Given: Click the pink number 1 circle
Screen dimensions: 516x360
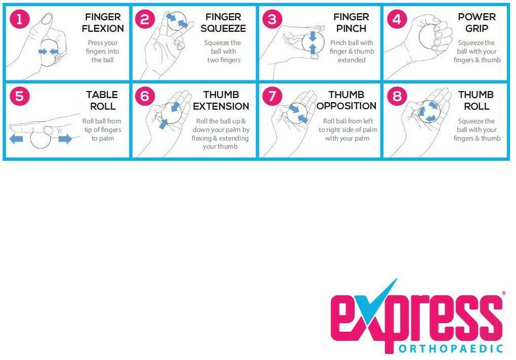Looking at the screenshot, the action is click(x=19, y=19).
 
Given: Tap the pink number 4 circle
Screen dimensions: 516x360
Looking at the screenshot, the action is click(x=397, y=19).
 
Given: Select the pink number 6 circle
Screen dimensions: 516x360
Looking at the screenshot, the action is click(x=145, y=97).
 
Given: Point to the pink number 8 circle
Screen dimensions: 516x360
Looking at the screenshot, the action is click(x=397, y=97).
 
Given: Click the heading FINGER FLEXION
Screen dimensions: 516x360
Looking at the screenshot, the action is click(x=103, y=23).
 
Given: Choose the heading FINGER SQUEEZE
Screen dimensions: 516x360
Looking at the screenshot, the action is click(x=224, y=23).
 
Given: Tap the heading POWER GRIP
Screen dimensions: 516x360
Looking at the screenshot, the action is click(x=477, y=23).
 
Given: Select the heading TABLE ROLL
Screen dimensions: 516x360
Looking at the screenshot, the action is click(x=103, y=101).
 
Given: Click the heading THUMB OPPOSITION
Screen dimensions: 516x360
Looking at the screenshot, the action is click(x=347, y=100).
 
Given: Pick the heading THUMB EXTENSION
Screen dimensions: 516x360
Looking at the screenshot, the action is click(x=221, y=101).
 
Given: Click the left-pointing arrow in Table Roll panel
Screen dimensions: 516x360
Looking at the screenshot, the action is click(x=16, y=139).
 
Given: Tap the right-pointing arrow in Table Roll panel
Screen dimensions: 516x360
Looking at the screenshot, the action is click(x=65, y=139).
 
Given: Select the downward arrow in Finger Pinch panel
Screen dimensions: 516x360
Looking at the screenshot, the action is click(x=313, y=36).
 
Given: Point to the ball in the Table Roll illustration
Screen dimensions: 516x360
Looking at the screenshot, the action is click(x=40, y=139).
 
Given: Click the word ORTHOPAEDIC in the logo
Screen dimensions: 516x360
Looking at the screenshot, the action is click(x=451, y=348).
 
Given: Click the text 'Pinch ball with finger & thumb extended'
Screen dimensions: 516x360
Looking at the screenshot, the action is click(x=352, y=51).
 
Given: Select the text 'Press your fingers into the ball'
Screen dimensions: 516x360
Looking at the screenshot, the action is click(x=103, y=51).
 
